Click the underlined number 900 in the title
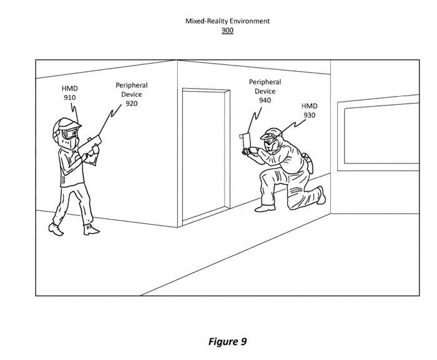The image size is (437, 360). [227, 30]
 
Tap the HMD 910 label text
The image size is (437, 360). [70, 93]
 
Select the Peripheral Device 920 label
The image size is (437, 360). [132, 94]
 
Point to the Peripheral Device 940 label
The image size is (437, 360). [265, 91]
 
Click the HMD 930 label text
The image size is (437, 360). [310, 110]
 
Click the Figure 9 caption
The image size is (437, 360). [227, 341]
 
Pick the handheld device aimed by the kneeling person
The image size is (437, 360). [246, 144]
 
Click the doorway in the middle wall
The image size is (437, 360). [206, 155]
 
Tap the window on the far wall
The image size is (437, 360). [378, 133]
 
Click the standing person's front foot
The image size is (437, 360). [91, 230]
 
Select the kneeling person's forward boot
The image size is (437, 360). [265, 208]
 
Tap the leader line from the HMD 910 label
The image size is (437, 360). [74, 112]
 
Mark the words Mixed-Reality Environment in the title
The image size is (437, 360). [227, 21]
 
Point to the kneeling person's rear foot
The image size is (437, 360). [321, 195]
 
